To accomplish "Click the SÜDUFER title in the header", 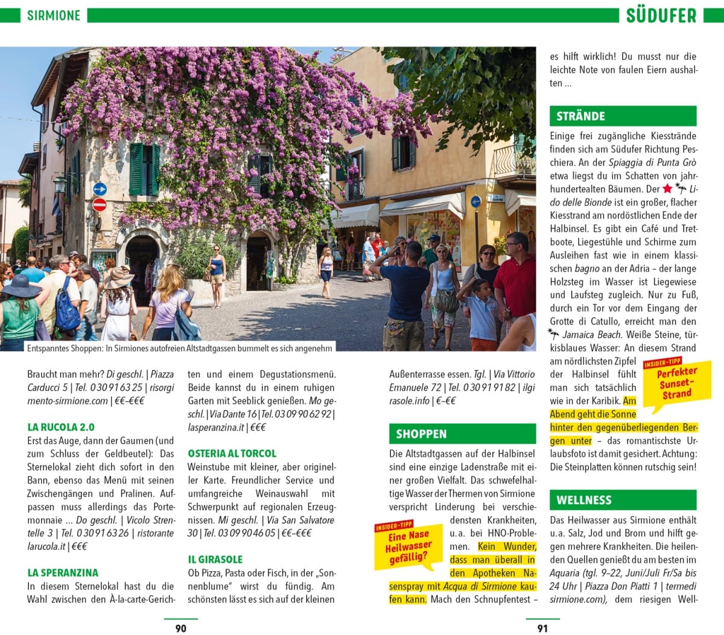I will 661,15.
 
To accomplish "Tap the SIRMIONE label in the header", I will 53,15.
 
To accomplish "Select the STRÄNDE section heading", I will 580,116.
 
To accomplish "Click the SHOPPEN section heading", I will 421,434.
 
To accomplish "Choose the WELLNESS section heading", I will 583,500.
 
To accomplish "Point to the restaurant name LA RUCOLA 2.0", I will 61,427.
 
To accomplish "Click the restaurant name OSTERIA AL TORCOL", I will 232,453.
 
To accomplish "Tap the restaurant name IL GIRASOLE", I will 215,560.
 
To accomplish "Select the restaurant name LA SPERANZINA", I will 63,573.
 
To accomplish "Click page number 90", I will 180,628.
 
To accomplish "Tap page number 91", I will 542,628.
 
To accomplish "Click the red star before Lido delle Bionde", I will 667,189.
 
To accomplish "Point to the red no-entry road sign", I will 100,204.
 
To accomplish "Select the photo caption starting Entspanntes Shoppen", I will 179,348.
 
